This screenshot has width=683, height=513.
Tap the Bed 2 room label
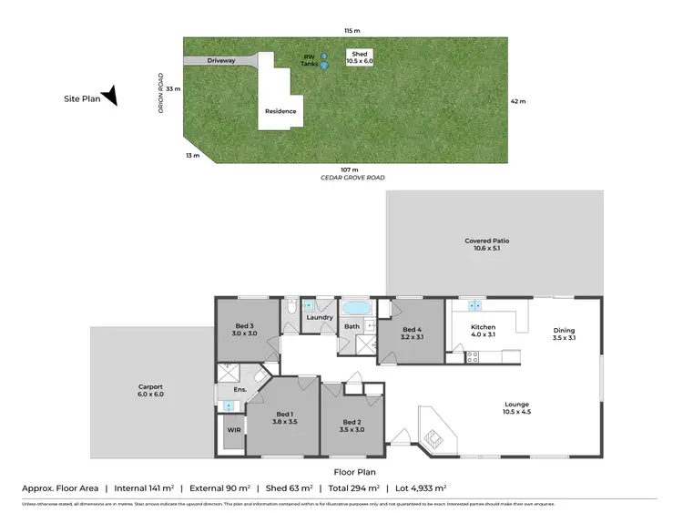[352, 426]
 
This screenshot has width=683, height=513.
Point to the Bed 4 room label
[412, 333]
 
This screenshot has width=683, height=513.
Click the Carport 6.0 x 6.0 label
[147, 391]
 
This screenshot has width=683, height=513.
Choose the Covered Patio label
[486, 243]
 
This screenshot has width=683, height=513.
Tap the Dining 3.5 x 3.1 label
[564, 333]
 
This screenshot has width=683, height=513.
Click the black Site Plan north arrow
[109, 95]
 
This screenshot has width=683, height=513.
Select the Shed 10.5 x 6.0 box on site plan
[360, 56]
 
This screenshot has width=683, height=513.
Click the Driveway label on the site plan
[220, 60]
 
